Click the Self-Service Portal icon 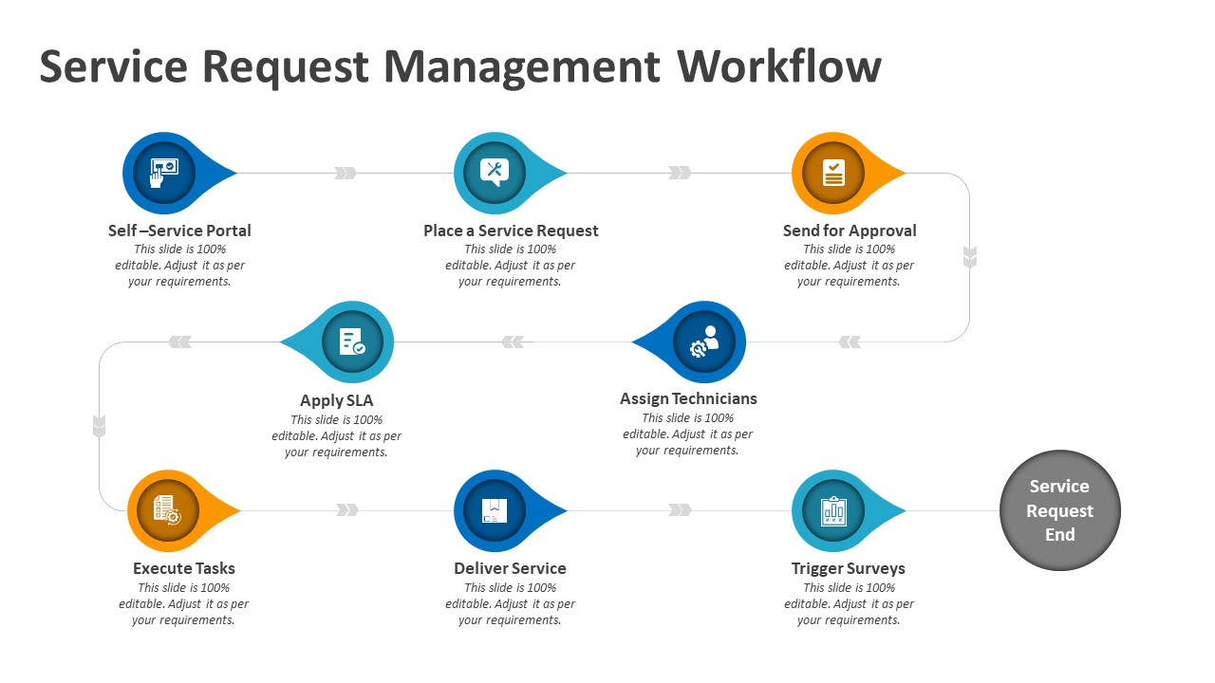[163, 174]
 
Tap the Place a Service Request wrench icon [494, 173]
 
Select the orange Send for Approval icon [832, 173]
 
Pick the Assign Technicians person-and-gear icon [704, 342]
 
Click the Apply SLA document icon [352, 342]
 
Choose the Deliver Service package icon [494, 510]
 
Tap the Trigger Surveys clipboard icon [832, 510]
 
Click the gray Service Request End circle [1059, 510]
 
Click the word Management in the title [521, 67]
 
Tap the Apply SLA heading [337, 400]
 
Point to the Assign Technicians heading [688, 398]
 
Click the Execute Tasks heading [184, 568]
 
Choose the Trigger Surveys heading [848, 568]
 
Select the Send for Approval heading [850, 231]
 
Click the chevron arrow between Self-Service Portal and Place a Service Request [346, 174]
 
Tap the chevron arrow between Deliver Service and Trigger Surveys [680, 510]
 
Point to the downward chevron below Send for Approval [969, 257]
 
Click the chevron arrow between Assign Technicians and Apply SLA [513, 342]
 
